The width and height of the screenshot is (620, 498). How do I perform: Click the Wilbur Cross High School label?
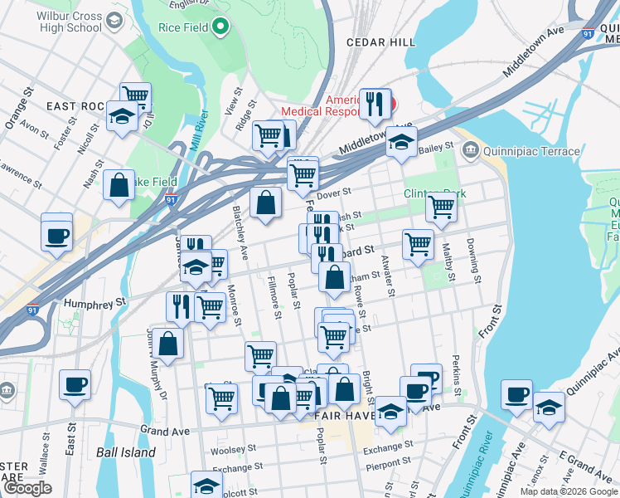coord(71,22)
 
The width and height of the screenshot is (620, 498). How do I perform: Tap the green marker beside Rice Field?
coord(220,27)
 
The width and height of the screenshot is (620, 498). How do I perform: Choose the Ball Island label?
coord(125,452)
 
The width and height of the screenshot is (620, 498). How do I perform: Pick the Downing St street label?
coord(475,256)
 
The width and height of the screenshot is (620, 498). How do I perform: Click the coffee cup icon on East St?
coord(75,385)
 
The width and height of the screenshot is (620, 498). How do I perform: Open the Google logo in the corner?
coord(27,488)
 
